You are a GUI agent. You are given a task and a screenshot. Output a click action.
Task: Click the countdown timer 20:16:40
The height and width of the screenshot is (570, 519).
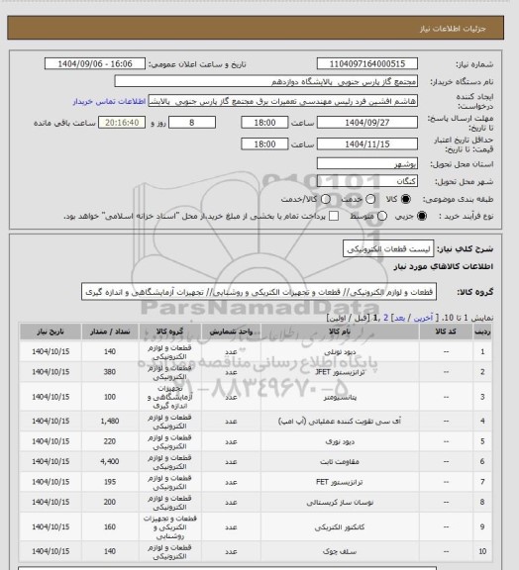[125, 123]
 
